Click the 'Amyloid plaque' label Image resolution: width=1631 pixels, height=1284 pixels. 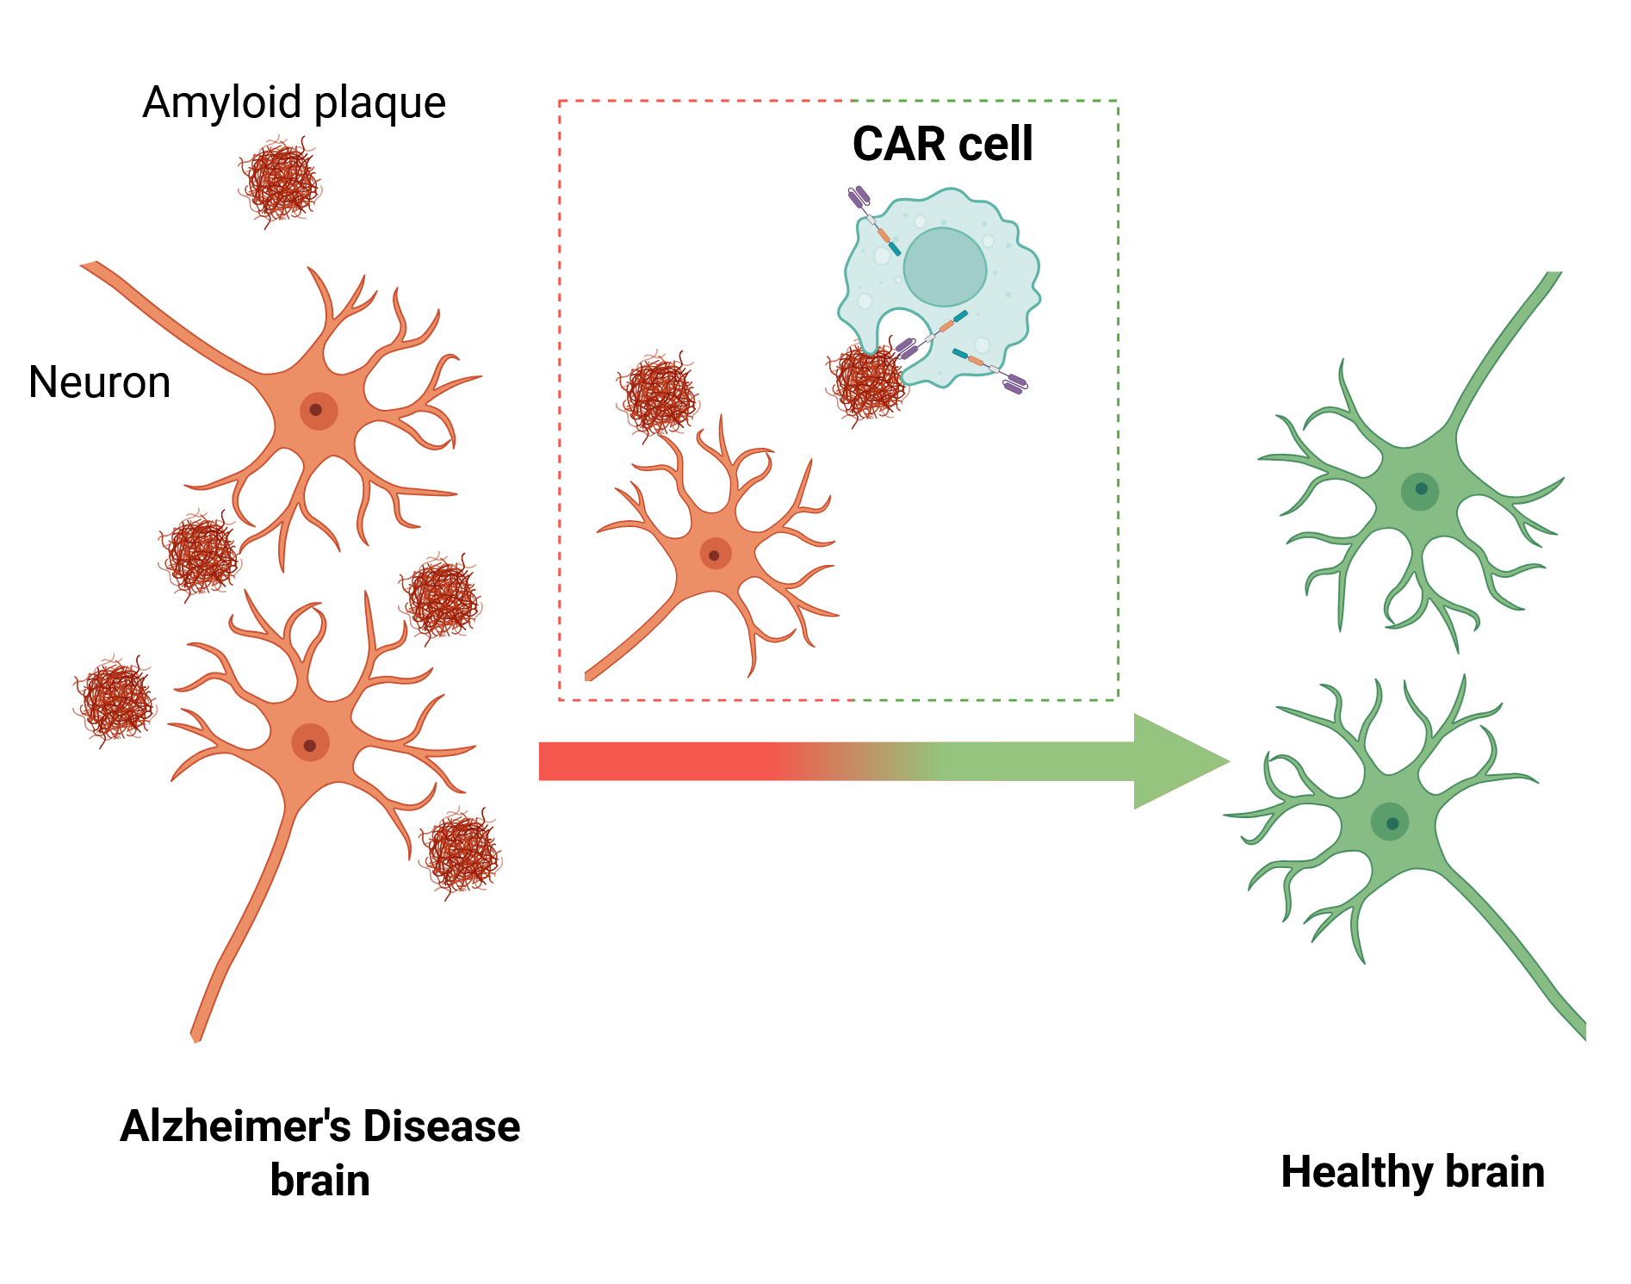(x=294, y=103)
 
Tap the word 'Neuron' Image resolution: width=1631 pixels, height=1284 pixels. (x=99, y=381)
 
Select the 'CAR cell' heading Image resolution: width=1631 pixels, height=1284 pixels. (x=942, y=144)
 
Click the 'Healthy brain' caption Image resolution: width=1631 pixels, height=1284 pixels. (x=1412, y=1172)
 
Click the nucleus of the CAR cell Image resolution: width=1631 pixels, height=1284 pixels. (x=945, y=267)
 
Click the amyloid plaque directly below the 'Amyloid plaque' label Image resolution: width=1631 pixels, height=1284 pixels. (x=280, y=183)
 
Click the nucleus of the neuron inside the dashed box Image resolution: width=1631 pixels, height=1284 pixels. (x=715, y=554)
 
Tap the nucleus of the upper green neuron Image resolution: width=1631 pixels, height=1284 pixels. (x=1420, y=490)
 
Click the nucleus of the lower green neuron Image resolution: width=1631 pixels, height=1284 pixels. (x=1390, y=822)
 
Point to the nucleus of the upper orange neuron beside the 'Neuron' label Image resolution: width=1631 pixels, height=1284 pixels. (x=318, y=411)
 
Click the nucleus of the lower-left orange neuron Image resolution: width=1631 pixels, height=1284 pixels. (x=310, y=743)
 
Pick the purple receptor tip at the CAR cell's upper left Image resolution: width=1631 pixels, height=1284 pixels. (x=859, y=197)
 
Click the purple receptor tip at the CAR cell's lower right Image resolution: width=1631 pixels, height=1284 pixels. (x=1015, y=383)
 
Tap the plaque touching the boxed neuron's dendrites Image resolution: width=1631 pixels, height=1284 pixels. (x=659, y=395)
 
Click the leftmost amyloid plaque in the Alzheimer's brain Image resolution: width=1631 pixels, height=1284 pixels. (x=115, y=700)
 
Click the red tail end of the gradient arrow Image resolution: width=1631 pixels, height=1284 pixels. (x=568, y=761)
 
